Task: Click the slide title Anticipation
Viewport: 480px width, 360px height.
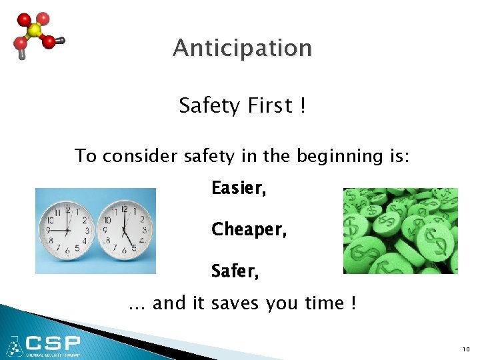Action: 241,49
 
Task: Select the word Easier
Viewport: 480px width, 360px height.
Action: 239,189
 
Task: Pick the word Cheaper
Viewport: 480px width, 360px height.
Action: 248,230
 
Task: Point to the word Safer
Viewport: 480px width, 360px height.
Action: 235,271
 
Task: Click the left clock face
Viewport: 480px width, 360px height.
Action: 67,231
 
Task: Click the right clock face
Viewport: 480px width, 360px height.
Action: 123,231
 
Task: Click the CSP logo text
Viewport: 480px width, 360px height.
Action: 53,344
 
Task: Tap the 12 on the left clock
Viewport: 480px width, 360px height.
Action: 67,209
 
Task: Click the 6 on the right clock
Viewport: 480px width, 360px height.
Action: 123,252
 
